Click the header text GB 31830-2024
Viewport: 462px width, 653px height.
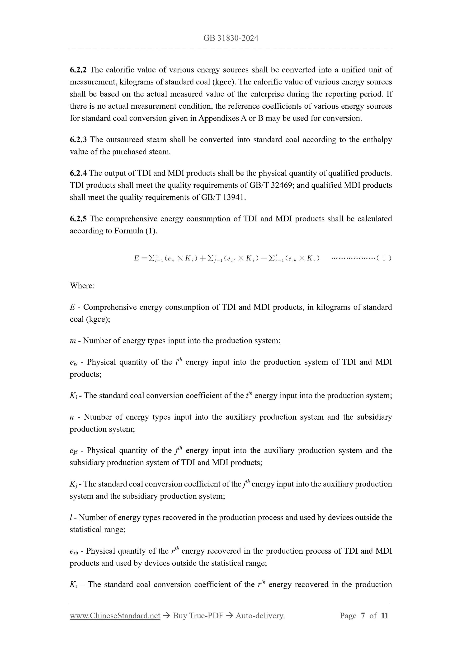[231, 38]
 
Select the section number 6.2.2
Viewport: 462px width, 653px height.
[78, 70]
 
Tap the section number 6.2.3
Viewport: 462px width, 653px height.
[78, 140]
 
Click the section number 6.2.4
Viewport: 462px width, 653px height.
[78, 173]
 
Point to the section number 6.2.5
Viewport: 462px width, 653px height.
[78, 219]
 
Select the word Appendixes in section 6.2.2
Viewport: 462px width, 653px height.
[218, 118]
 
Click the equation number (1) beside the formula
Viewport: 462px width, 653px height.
[384, 258]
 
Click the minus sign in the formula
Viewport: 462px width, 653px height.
[264, 258]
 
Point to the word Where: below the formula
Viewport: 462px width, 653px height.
[82, 286]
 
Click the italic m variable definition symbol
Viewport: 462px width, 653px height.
[73, 341]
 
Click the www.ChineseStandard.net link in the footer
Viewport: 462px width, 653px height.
[115, 616]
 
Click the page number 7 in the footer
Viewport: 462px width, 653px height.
[363, 616]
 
